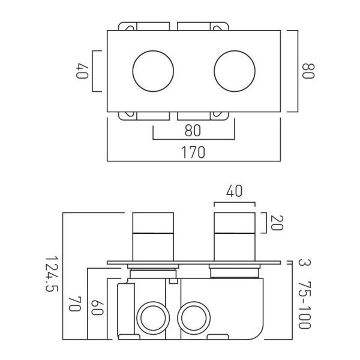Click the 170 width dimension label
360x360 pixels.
[x=193, y=152]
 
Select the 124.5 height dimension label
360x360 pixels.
[x=52, y=274]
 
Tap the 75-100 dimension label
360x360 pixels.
[x=305, y=305]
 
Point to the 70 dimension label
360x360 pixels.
[x=75, y=304]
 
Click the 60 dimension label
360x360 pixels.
[x=97, y=307]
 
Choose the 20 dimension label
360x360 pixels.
[x=277, y=223]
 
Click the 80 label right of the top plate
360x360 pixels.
[x=308, y=71]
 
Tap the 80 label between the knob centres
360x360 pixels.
[x=193, y=130]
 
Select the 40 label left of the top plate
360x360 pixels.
[x=82, y=71]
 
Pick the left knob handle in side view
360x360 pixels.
[x=153, y=237]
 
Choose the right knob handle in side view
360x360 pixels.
[x=235, y=237]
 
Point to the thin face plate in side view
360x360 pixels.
[x=194, y=262]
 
